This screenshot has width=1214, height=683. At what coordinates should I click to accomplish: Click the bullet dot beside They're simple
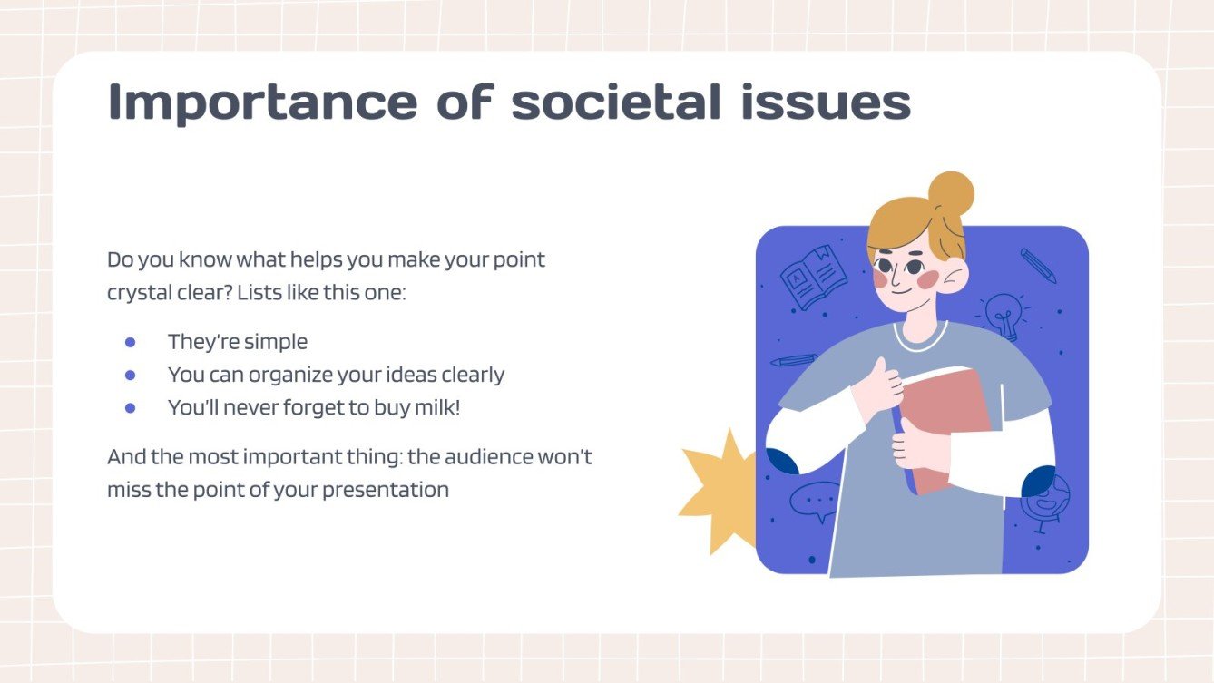pyautogui.click(x=130, y=342)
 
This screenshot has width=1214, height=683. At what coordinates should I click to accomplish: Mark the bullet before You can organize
pyautogui.click(x=130, y=375)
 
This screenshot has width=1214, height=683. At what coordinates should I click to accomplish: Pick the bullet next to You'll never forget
pyautogui.click(x=130, y=408)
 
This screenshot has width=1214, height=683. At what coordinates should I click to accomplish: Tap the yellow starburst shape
pyautogui.click(x=717, y=490)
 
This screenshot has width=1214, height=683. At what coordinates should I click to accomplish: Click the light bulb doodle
pyautogui.click(x=1003, y=313)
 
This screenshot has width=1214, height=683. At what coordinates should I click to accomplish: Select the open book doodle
pyautogui.click(x=814, y=277)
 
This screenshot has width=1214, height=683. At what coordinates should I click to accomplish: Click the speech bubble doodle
pyautogui.click(x=814, y=501)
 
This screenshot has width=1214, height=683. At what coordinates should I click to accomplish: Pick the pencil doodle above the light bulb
pyautogui.click(x=1038, y=265)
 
